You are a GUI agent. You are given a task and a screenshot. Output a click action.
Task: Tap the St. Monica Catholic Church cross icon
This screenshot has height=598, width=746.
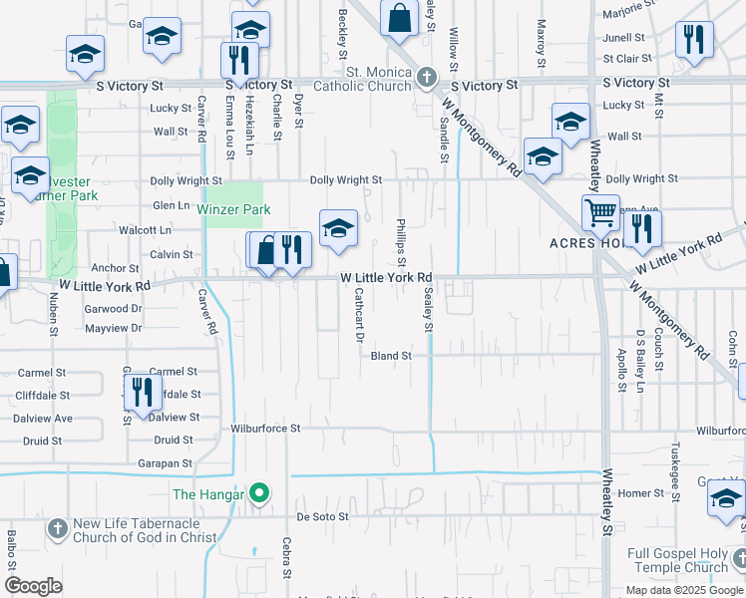(427, 76)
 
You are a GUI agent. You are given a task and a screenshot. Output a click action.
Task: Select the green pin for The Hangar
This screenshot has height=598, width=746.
(259, 492)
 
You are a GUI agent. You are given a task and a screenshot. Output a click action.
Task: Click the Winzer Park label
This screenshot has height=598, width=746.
(233, 210)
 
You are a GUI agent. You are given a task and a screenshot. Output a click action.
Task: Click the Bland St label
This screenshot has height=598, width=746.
(391, 356)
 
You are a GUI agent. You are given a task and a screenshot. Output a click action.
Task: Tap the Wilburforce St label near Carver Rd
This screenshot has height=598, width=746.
(265, 429)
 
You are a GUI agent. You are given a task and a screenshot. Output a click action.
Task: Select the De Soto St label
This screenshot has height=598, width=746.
(323, 517)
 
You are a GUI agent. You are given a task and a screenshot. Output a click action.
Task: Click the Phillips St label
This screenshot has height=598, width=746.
(401, 243)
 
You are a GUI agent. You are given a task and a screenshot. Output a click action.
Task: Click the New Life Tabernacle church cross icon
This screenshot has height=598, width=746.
(57, 525)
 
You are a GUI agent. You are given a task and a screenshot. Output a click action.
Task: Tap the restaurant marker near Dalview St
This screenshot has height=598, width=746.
(143, 392)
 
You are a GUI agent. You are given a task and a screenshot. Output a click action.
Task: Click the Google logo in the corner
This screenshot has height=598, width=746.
(34, 586)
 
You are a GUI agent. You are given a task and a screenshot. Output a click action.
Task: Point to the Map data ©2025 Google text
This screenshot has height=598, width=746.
(683, 590)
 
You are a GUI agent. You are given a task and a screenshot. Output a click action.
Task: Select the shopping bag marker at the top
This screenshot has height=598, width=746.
(399, 20)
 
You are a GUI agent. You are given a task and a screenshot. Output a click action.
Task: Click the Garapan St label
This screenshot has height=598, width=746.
(167, 463)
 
